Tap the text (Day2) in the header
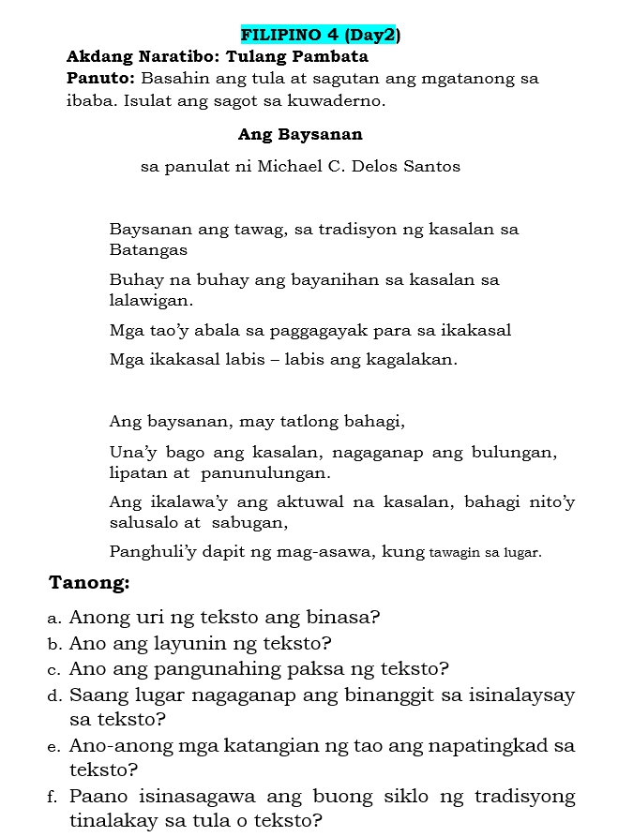[371, 36]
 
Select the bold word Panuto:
[101, 79]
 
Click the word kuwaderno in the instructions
[338, 100]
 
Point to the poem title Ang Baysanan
[300, 135]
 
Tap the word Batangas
[148, 250]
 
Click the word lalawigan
[151, 301]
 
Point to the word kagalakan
[409, 360]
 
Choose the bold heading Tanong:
[89, 583]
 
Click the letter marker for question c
[54, 670]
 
